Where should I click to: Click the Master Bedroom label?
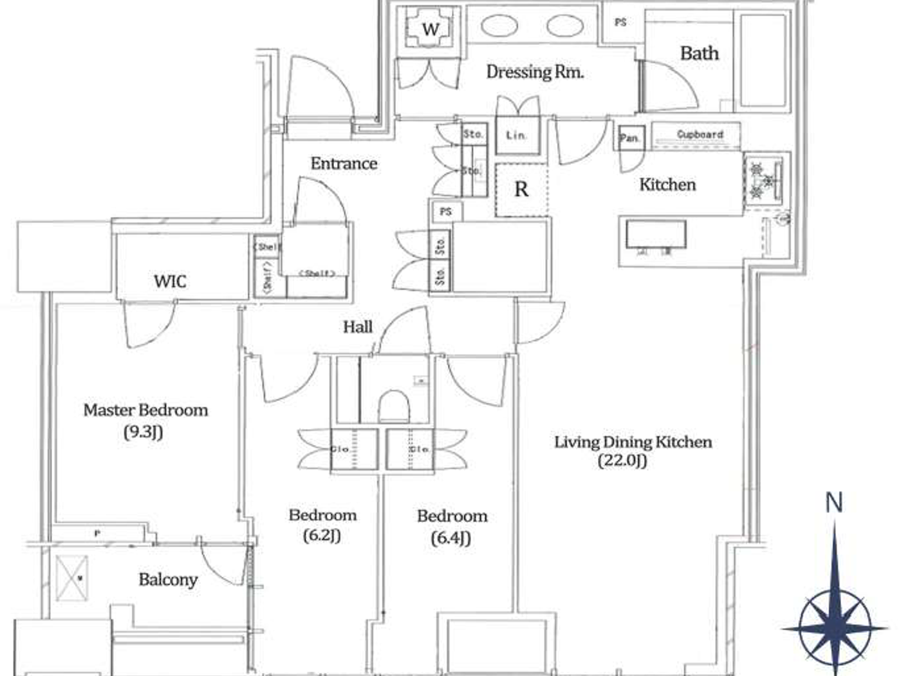coord(145,410)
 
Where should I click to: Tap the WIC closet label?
coord(170,281)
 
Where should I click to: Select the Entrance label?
coord(344,164)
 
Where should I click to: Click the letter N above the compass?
coord(834,502)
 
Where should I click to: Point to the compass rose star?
coord(835,626)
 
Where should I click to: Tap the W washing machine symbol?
coord(431,29)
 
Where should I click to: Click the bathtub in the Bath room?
coord(763,59)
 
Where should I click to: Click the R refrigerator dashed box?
coord(521,189)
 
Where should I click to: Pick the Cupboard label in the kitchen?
coord(700,135)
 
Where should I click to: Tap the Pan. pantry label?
coord(629,138)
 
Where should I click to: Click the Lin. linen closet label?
coord(516,135)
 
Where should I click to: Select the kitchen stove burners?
coord(763,178)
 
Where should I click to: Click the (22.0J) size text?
coord(622,460)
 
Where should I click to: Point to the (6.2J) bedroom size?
coord(322,535)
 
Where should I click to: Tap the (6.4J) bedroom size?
coord(450,538)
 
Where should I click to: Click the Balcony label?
coord(168,579)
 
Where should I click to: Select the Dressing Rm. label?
coord(535,71)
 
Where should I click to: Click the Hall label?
coord(357,327)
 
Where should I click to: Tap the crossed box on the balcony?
coord(71,577)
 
